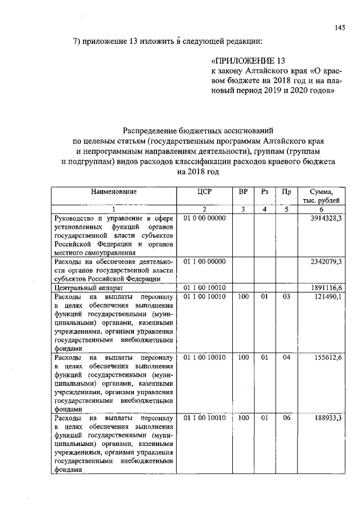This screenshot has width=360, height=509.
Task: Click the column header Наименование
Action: point(114,192)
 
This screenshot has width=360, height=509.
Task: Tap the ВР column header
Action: point(243,192)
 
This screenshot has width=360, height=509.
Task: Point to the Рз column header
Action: point(264,192)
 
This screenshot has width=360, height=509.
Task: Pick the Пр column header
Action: point(286,192)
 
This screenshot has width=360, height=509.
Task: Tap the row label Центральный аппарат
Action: point(84,287)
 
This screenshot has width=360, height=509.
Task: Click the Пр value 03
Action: point(286,296)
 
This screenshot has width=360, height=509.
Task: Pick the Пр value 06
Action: point(286,418)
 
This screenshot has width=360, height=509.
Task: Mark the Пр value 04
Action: point(286,357)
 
